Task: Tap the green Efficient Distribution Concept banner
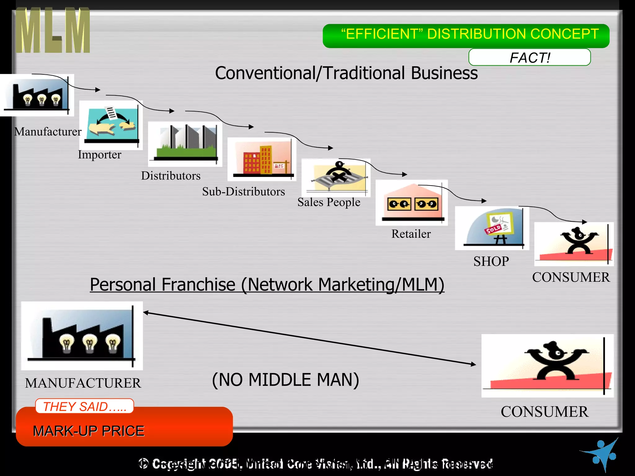coord(466,35)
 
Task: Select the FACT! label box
coord(529,57)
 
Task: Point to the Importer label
coord(100,154)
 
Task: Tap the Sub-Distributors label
coord(243,192)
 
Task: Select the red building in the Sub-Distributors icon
coord(252,162)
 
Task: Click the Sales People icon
coord(336,177)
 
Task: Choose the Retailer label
coord(411,234)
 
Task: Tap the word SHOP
coord(491,261)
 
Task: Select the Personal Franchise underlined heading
coord(267,284)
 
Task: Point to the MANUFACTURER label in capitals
coord(83,383)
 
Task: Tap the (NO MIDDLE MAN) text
coord(285,380)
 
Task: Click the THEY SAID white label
coord(84,406)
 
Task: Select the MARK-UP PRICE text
coord(89,431)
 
